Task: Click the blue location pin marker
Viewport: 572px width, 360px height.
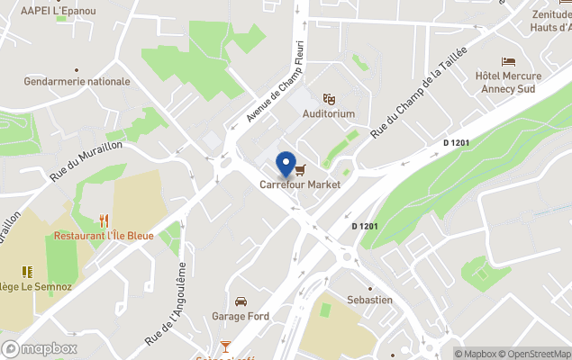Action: [x=287, y=165]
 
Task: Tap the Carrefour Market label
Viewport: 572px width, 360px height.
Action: [x=300, y=184]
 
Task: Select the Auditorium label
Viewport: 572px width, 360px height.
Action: [x=329, y=114]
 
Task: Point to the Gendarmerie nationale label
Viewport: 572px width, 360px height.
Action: [x=77, y=81]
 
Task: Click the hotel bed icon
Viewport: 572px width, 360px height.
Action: [x=509, y=62]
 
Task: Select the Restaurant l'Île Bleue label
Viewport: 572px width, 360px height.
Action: [x=104, y=236]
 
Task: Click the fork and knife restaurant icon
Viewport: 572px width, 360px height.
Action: [x=104, y=220]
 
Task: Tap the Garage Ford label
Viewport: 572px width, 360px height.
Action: [x=241, y=316]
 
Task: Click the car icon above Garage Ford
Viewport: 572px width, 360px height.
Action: [x=241, y=301]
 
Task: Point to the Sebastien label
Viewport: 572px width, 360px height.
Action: [x=369, y=300]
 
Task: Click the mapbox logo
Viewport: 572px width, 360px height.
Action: [x=41, y=348]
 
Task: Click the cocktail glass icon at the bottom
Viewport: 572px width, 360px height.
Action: [x=226, y=346]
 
